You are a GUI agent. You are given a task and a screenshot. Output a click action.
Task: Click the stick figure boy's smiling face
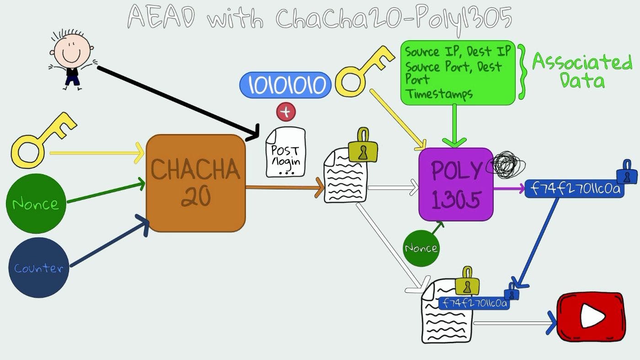[71, 50]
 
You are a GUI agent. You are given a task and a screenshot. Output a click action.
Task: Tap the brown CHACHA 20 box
[196, 183]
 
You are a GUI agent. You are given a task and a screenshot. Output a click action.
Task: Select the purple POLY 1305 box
[456, 184]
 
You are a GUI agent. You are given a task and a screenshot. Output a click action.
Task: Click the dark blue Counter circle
[38, 268]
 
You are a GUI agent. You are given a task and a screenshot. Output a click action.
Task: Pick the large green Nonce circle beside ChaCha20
[36, 204]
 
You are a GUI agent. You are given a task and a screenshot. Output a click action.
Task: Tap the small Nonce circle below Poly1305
[421, 248]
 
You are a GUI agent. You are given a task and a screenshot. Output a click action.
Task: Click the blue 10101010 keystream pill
[285, 85]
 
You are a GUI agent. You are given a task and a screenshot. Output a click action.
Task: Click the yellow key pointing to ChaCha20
[41, 142]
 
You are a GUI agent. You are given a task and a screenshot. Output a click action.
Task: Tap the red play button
[591, 317]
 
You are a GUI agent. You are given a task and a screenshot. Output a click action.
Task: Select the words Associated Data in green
[581, 71]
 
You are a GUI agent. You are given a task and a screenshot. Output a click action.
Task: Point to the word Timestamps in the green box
[439, 94]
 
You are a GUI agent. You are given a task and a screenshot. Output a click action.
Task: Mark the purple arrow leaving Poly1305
[508, 188]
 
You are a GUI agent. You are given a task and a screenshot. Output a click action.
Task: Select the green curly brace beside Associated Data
[523, 71]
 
